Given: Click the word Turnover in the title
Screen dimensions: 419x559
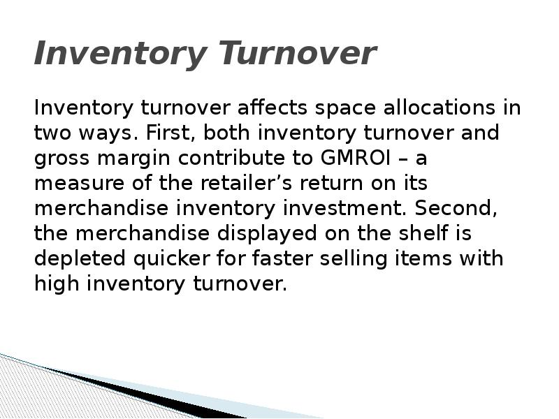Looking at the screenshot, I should coord(297,54).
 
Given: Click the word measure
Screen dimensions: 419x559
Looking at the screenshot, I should coord(73,184).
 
